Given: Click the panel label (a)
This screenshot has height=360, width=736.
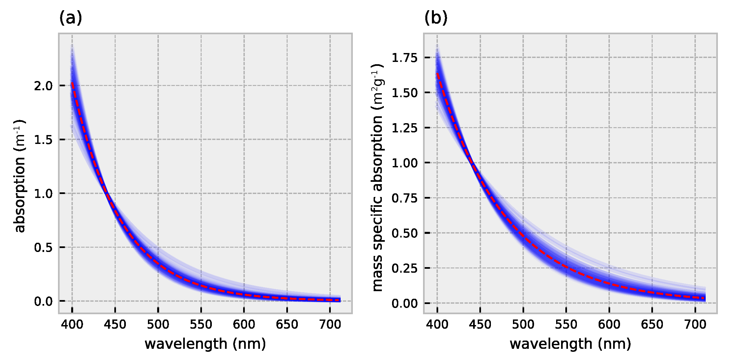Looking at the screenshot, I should pyautogui.click(x=71, y=18).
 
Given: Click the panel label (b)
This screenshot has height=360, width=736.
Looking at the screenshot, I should pyautogui.click(x=436, y=18).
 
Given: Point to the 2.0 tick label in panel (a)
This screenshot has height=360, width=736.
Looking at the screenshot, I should pyautogui.click(x=43, y=86).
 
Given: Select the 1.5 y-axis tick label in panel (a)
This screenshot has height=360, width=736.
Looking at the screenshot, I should pyautogui.click(x=43, y=140).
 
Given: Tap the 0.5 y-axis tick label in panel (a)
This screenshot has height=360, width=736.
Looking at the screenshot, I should pyautogui.click(x=43, y=248).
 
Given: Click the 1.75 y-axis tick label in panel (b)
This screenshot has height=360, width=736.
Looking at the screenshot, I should pyautogui.click(x=404, y=58).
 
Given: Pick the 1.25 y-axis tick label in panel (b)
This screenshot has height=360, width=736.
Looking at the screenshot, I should pyautogui.click(x=404, y=128).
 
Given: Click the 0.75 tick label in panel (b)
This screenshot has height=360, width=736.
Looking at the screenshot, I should pyautogui.click(x=404, y=198).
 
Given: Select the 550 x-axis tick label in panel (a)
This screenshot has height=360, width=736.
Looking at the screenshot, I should pyautogui.click(x=201, y=325).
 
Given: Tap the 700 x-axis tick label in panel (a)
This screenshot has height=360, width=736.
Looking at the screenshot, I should pyautogui.click(x=330, y=325).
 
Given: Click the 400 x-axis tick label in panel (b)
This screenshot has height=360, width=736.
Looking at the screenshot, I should pyautogui.click(x=437, y=325).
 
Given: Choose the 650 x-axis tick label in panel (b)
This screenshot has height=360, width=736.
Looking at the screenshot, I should pyautogui.click(x=652, y=325).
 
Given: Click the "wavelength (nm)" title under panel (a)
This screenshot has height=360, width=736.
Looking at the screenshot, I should pyautogui.click(x=205, y=344).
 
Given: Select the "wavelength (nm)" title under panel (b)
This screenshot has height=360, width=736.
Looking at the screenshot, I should pyautogui.click(x=570, y=344).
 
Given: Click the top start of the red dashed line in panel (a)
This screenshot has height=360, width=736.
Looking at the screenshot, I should pyautogui.click(x=72, y=83).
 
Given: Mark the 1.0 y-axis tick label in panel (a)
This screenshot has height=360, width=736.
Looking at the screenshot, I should pyautogui.click(x=43, y=194).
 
